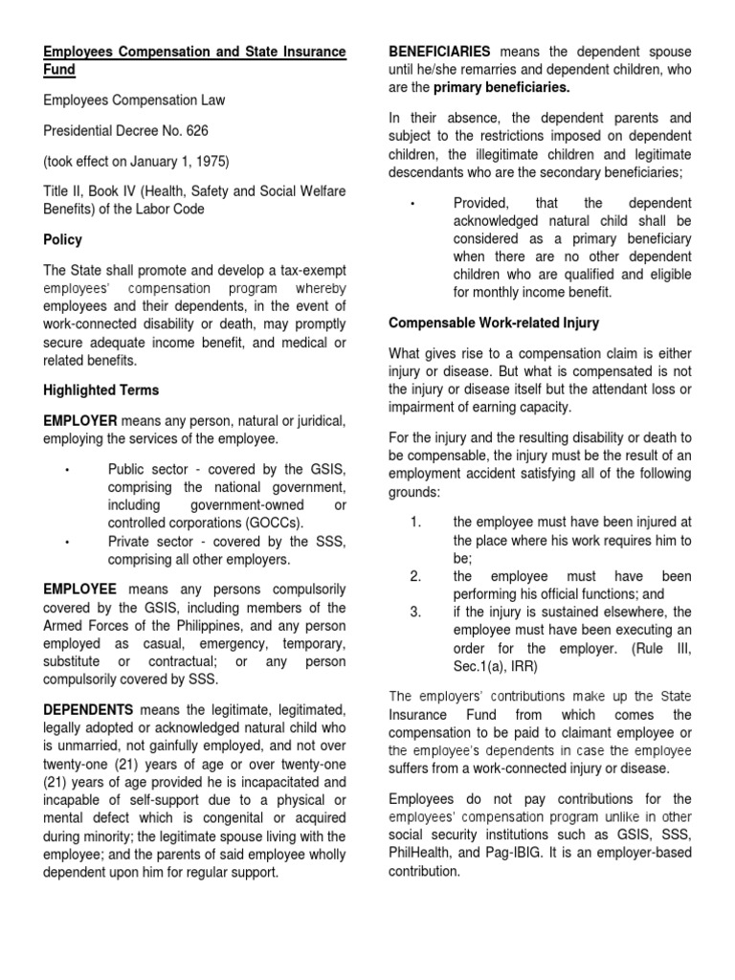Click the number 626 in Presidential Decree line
coord(193,130)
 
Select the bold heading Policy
coord(62,239)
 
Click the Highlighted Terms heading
coord(100,390)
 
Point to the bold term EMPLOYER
coord(80,421)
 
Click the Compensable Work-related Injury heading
coord(494,323)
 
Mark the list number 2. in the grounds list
coord(415,576)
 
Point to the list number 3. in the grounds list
coord(415,612)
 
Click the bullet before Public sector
coord(67,469)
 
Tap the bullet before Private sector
coord(67,542)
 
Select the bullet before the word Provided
coord(412,204)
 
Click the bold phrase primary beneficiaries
coord(501,87)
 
